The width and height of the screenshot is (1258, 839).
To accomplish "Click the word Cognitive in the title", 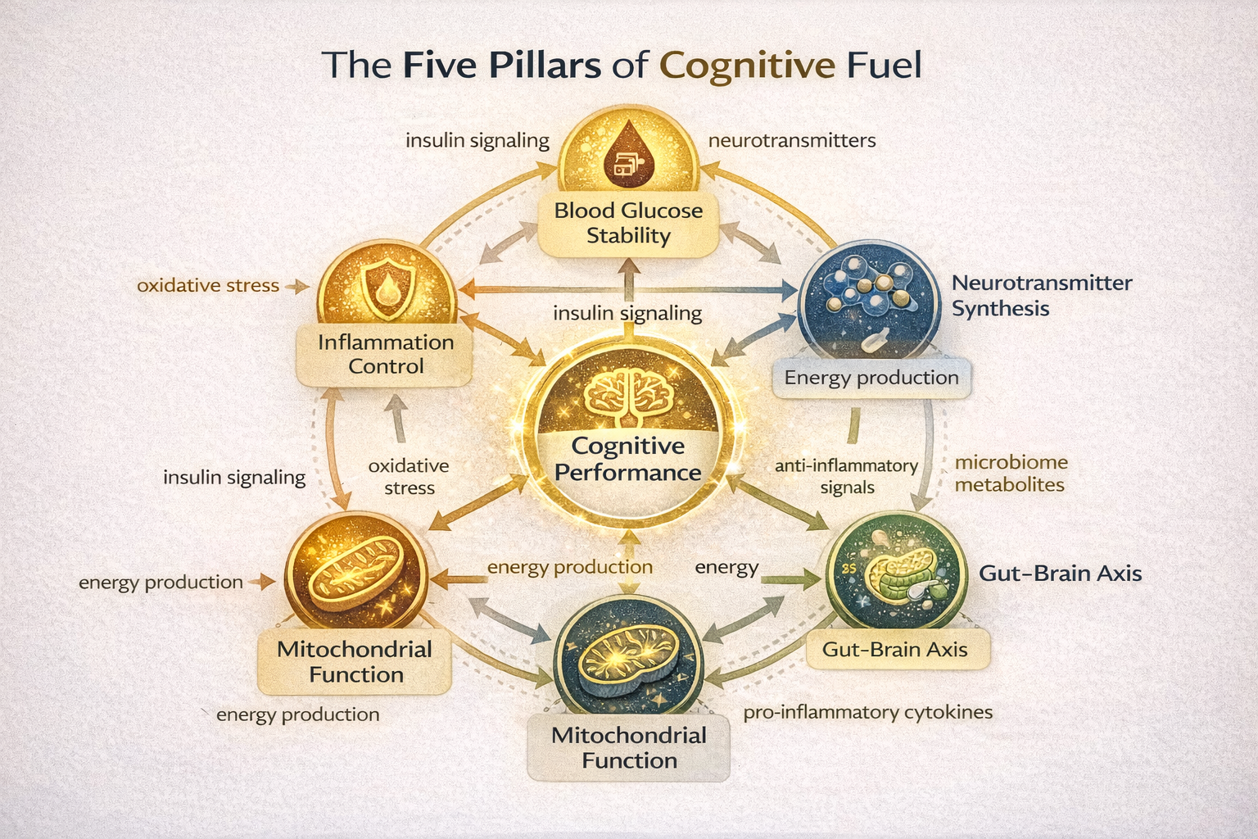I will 747,66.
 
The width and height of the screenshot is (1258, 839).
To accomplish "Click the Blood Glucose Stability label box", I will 628,224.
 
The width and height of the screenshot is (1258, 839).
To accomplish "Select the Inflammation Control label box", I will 385,354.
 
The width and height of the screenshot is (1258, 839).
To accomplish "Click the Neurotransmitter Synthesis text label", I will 1041,296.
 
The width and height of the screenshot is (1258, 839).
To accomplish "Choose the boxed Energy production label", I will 871,378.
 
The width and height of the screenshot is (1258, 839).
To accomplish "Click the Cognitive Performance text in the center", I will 628,459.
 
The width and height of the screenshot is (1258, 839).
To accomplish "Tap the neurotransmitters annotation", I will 791,141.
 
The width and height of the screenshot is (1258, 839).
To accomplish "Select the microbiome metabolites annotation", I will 1011,474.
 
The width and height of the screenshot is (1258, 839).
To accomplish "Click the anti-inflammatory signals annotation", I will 847,476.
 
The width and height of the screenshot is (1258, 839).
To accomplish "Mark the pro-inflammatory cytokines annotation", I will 867,713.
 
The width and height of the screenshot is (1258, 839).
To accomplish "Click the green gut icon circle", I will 892,571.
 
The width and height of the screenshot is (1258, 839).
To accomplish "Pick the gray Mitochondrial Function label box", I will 628,747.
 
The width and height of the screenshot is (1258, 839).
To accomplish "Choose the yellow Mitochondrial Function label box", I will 355,662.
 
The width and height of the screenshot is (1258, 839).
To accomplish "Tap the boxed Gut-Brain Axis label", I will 894,650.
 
